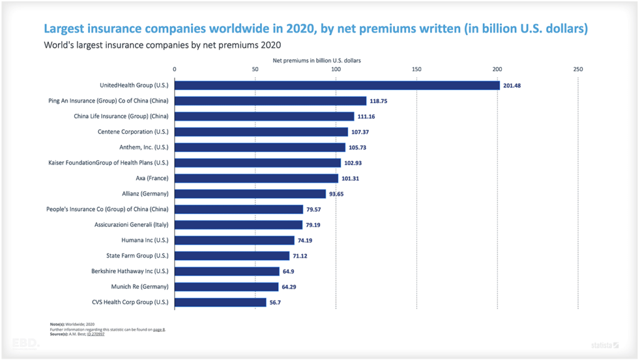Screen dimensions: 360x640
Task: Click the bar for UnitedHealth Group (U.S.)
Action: tap(337, 86)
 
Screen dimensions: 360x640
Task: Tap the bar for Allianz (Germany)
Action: tap(250, 194)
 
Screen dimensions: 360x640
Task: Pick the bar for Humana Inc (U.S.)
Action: tap(234, 240)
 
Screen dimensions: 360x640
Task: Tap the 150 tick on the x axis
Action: tap(417, 69)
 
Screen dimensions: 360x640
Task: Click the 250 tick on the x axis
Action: tap(578, 69)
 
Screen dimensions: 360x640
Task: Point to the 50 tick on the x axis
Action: tap(255, 69)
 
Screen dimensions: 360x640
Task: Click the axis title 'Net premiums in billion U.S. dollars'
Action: tap(317, 61)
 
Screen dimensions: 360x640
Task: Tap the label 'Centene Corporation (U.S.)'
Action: tap(133, 132)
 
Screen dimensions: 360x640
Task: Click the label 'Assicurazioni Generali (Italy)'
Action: tap(131, 224)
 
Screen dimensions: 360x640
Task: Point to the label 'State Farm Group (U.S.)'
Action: tap(137, 256)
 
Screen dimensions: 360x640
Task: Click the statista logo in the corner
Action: tap(605, 344)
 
